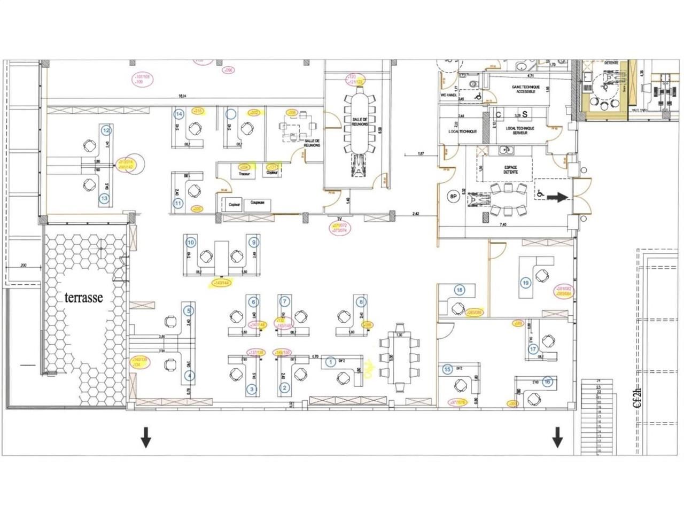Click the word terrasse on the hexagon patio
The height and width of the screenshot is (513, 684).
pos(84,298)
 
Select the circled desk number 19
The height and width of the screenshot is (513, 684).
pos(525,283)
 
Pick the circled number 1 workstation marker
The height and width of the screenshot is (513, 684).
pos(330,362)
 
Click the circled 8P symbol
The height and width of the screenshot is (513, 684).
pos(454,197)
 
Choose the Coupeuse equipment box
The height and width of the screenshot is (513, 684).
pos(258,203)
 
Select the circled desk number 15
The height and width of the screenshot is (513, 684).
pos(447,369)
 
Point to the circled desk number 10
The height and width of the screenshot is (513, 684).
pos(190,242)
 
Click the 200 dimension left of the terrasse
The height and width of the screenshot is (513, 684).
pos(23,266)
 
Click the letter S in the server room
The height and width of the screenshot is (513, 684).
pos(525,114)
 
